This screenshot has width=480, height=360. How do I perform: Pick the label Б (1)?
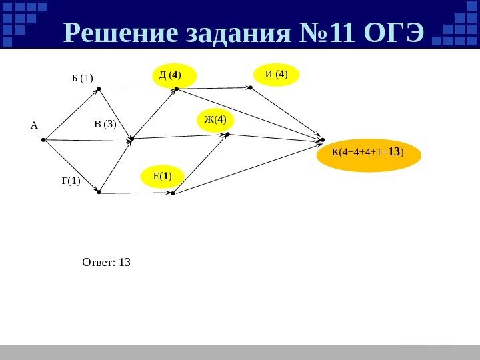pyautogui.click(x=83, y=79)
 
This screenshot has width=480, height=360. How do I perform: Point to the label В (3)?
pyautogui.click(x=105, y=123)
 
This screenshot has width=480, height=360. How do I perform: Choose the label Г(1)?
pyautogui.click(x=70, y=180)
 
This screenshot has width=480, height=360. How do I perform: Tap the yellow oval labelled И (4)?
pyautogui.click(x=277, y=75)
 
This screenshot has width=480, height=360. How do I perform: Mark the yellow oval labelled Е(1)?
pyautogui.click(x=163, y=177)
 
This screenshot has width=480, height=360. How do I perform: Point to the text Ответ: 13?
pyautogui.click(x=106, y=262)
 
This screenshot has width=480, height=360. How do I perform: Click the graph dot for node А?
pyautogui.click(x=43, y=140)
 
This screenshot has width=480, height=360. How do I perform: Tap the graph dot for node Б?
pyautogui.click(x=97, y=89)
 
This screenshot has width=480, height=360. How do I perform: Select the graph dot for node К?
pyautogui.click(x=323, y=140)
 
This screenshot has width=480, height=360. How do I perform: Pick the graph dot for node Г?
pyautogui.click(x=98, y=193)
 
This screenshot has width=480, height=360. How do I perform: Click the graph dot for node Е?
pyautogui.click(x=172, y=193)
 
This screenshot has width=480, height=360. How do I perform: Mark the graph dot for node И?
pyautogui.click(x=250, y=87)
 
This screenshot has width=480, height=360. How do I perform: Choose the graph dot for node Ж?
pyautogui.click(x=227, y=135)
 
